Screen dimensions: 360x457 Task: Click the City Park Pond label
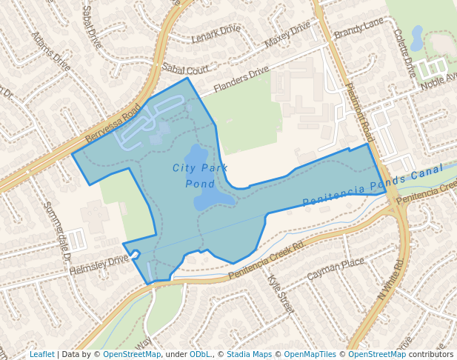tap(200, 176)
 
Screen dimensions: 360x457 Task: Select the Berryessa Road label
tap(113, 124)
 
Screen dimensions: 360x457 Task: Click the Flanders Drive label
tap(241, 80)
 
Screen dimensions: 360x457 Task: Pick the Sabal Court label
tap(185, 69)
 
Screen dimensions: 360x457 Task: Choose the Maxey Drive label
tap(287, 34)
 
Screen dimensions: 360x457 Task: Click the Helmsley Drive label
tap(99, 264)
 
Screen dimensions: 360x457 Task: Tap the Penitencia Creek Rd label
tap(267, 260)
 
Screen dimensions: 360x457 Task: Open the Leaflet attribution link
tap(41, 354)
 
